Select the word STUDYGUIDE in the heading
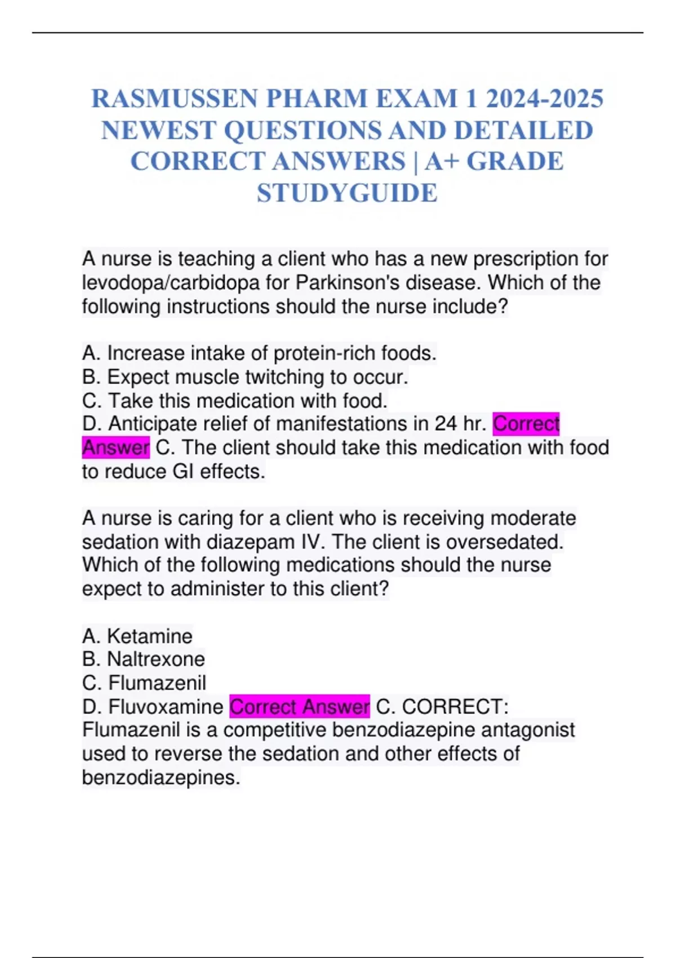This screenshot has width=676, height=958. click(347, 193)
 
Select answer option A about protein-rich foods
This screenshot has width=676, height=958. click(259, 353)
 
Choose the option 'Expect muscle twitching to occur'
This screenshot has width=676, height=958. click(245, 377)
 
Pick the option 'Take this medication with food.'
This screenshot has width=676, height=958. click(234, 401)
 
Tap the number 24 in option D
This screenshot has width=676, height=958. click(446, 423)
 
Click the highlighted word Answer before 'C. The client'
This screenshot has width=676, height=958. click(115, 447)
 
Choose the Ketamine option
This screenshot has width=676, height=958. click(137, 636)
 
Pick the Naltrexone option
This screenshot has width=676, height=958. click(144, 659)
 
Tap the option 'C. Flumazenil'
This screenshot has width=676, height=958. click(144, 683)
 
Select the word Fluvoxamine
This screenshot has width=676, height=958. click(166, 707)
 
